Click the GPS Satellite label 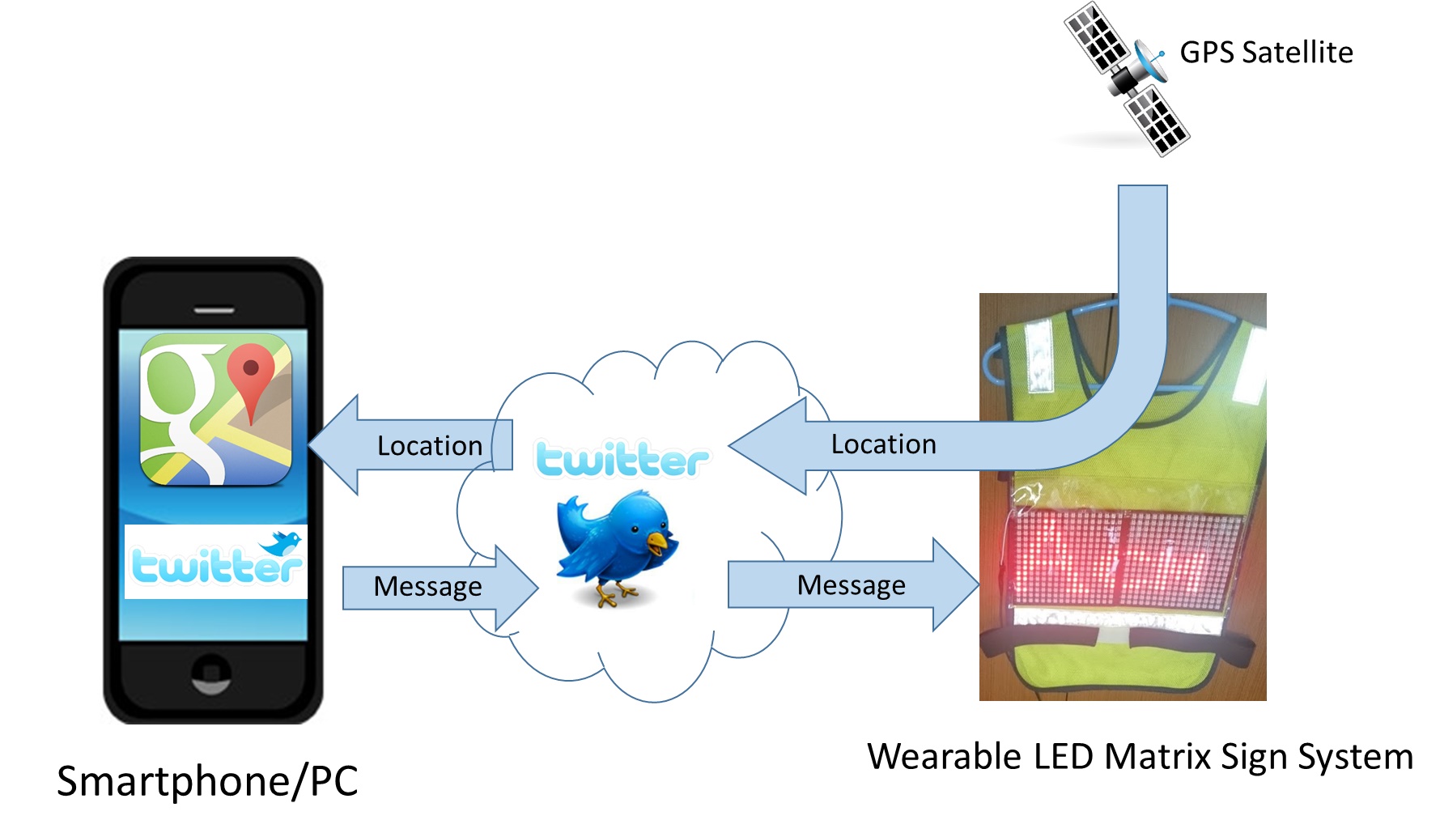click(1266, 53)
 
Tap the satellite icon click(1125, 79)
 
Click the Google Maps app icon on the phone click(215, 410)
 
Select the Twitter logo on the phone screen click(215, 562)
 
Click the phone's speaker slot click(214, 310)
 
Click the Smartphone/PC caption click(207, 781)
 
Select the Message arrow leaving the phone click(437, 587)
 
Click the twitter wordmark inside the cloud click(622, 460)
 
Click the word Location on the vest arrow click(883, 444)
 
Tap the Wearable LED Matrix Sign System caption click(1140, 757)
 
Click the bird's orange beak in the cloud click(659, 541)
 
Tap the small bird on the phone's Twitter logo click(283, 542)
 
